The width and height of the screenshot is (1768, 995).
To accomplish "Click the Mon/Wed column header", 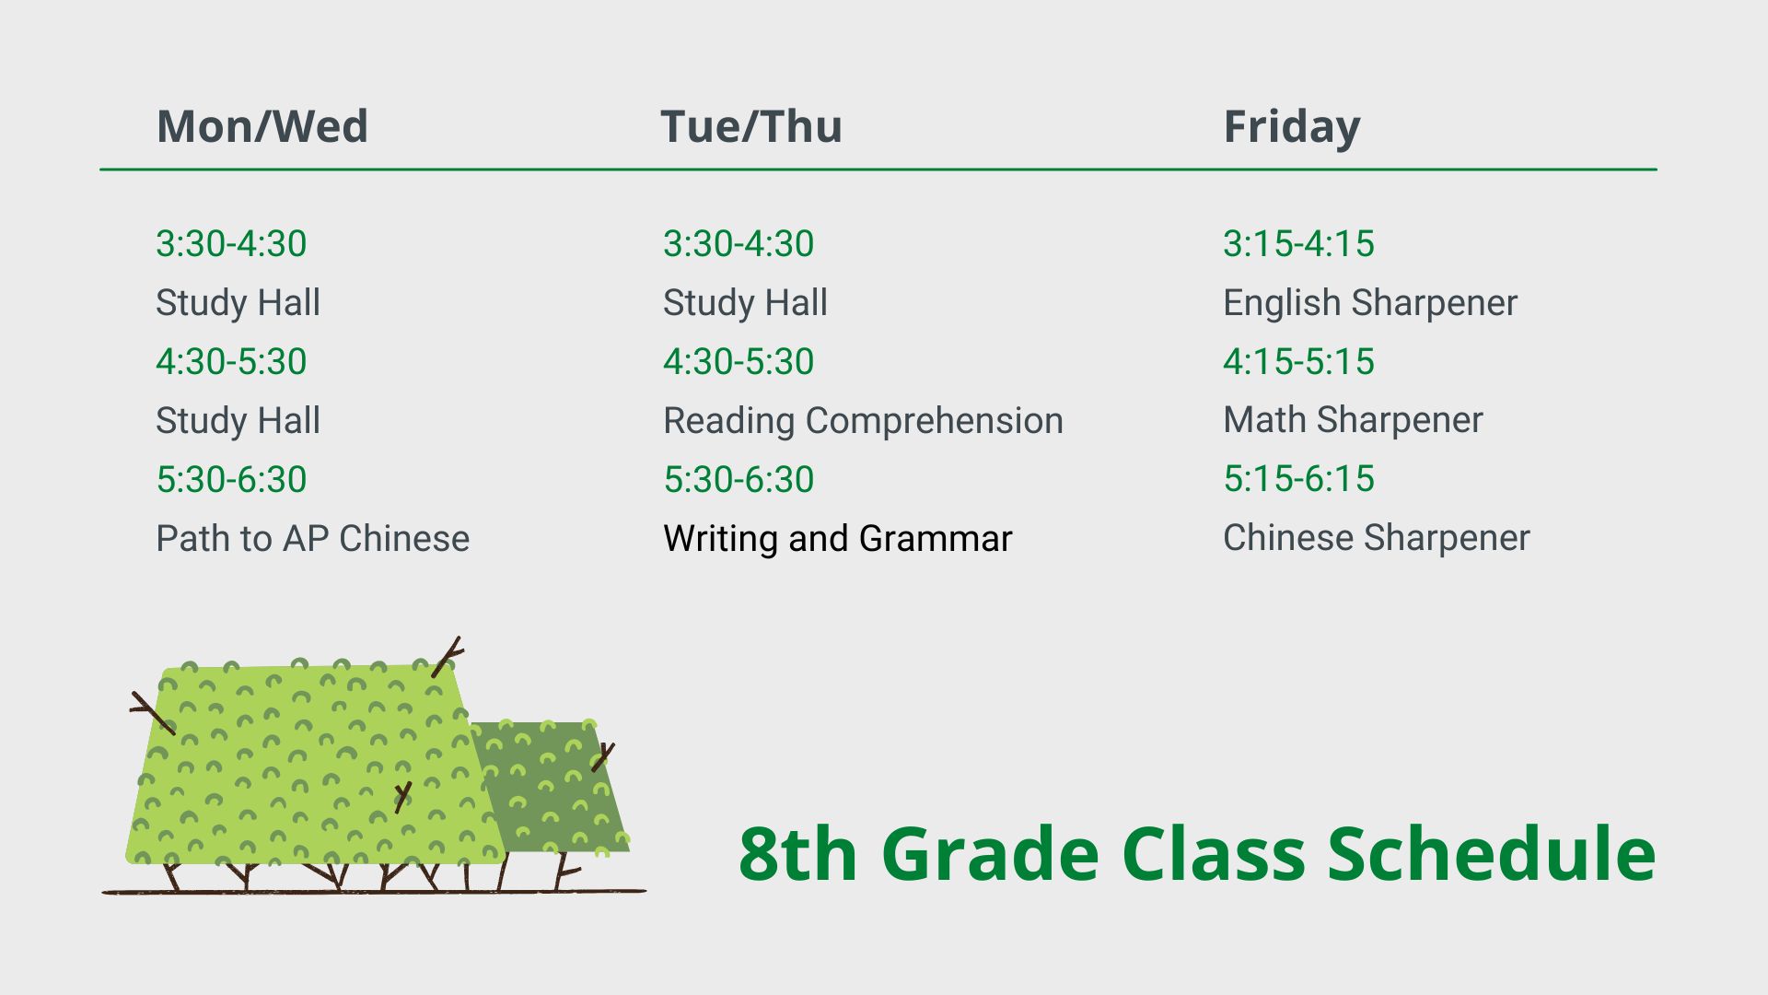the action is pyautogui.click(x=262, y=126).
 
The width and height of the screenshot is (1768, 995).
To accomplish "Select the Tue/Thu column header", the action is pyautogui.click(x=751, y=126).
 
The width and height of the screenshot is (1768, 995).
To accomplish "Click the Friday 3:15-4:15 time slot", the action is pyautogui.click(x=1298, y=243).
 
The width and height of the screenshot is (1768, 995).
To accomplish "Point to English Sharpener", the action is pyautogui.click(x=1370, y=303).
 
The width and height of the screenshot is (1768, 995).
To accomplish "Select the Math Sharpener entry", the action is pyautogui.click(x=1353, y=420).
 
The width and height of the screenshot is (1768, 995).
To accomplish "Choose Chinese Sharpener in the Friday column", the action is pyautogui.click(x=1377, y=538).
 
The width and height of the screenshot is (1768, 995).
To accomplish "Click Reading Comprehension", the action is pyautogui.click(x=863, y=421).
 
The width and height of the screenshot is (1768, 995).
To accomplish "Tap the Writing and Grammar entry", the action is pyautogui.click(x=838, y=539).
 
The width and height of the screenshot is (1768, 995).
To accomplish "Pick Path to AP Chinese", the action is pyautogui.click(x=313, y=538).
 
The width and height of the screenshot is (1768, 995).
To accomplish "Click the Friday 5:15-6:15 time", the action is pyautogui.click(x=1298, y=479).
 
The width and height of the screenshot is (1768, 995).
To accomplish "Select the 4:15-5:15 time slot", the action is pyautogui.click(x=1298, y=361).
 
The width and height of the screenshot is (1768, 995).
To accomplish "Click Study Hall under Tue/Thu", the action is pyautogui.click(x=745, y=303).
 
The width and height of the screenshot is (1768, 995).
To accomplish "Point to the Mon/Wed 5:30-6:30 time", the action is pyautogui.click(x=231, y=479).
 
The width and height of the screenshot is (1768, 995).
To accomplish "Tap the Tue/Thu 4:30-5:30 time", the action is pyautogui.click(x=739, y=361).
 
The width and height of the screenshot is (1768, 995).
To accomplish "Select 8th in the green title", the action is pyautogui.click(x=797, y=854).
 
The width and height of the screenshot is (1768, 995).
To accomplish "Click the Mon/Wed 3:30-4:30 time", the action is pyautogui.click(x=231, y=243).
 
